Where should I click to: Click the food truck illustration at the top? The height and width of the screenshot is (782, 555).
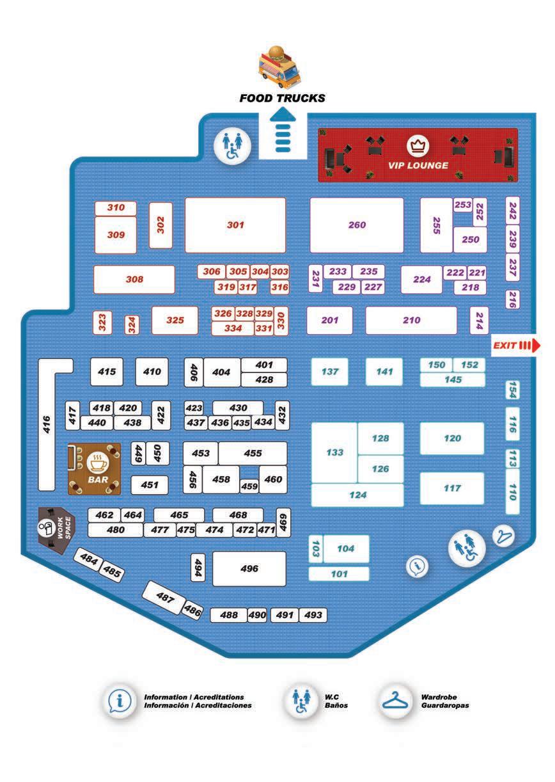coord(279,67)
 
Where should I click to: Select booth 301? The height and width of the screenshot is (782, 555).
coord(235,225)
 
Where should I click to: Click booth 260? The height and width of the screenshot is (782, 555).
coord(357,225)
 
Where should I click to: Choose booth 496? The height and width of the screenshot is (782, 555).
coord(249,568)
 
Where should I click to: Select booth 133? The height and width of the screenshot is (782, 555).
coord(334,452)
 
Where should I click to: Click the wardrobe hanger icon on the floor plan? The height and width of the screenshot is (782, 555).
coord(504,536)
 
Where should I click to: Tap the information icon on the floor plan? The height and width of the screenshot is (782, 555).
coord(418,566)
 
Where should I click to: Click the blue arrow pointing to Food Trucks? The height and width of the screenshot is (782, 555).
coord(283,132)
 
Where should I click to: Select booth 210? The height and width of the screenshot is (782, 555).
coord(411,320)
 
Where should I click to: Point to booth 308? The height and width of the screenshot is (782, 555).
coord(134,279)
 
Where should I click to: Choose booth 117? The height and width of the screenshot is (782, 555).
coord(451,488)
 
